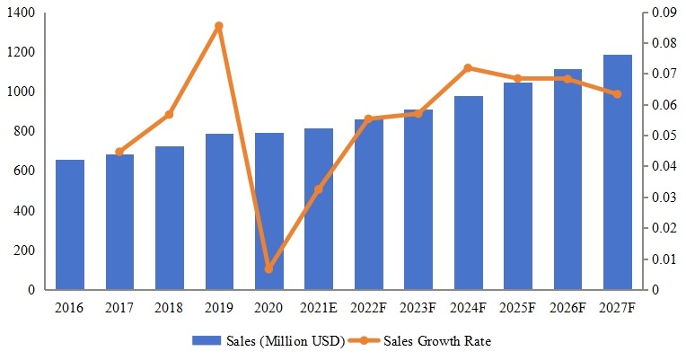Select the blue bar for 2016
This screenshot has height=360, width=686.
coord(70,224)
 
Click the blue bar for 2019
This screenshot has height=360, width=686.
coord(219,212)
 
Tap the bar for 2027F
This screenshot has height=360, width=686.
coord(617,172)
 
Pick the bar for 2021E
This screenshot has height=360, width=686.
coord(319,209)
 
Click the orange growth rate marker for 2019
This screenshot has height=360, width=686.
coord(219,26)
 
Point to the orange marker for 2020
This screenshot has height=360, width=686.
coord(269,268)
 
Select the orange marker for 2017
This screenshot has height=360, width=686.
coord(119,152)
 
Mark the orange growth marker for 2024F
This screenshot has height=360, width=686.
coord(468,68)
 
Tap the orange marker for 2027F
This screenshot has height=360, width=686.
coord(617,93)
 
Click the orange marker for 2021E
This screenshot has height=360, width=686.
coord(319,189)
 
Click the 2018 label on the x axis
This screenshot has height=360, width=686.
coord(169,308)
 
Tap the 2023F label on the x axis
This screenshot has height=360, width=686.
coord(418,308)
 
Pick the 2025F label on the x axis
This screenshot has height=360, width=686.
coord(517,308)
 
